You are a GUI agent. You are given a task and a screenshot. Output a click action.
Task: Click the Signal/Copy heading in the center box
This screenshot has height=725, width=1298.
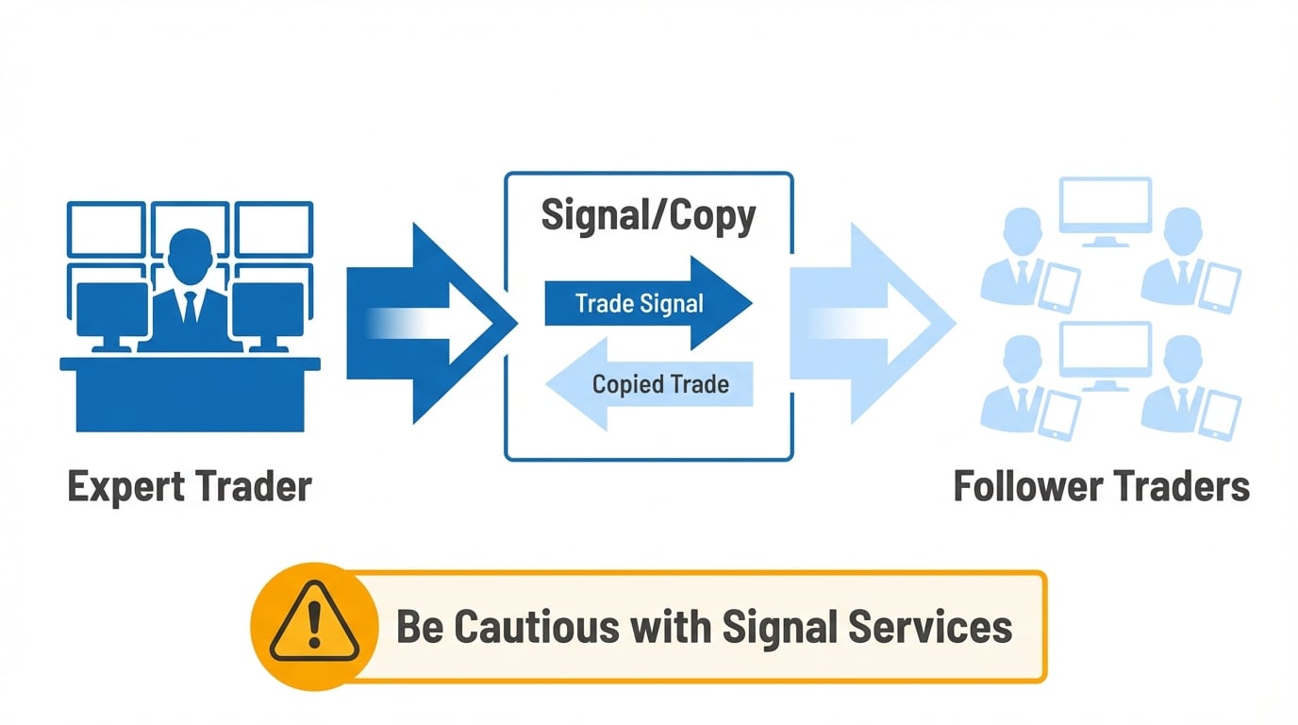point(648,216)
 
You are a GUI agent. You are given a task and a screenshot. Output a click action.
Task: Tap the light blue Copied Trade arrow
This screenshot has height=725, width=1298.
point(651,384)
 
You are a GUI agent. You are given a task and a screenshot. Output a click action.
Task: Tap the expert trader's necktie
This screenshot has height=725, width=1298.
point(190,308)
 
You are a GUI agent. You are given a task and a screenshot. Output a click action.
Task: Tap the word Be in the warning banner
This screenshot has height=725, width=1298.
point(420,627)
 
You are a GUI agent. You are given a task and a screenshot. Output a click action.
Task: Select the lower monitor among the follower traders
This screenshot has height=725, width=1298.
point(1105,353)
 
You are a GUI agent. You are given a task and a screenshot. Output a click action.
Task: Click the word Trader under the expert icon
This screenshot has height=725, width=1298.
point(254,488)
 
